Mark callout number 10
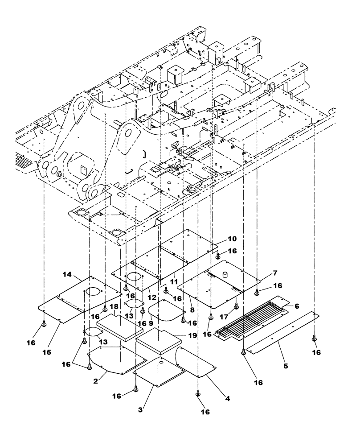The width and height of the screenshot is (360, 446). click(x=233, y=239)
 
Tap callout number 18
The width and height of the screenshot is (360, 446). click(x=114, y=308)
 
